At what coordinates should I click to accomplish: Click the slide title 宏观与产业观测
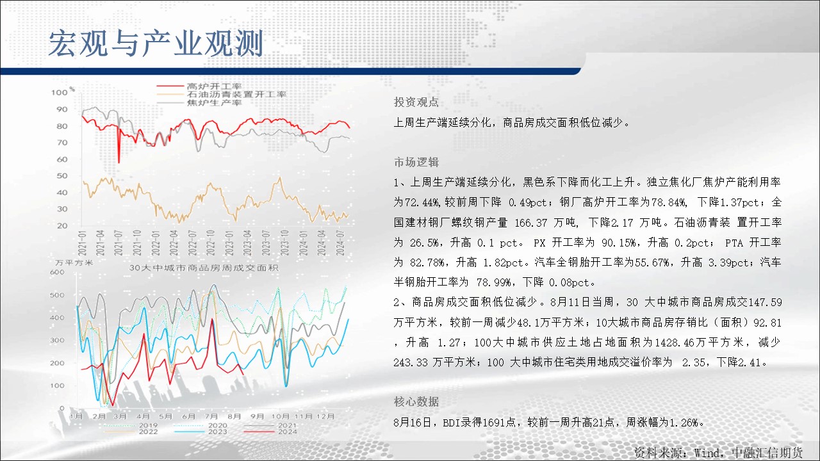pos(156,44)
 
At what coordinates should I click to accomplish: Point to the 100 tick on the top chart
pos(60,93)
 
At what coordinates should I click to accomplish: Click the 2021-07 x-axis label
pos(119,243)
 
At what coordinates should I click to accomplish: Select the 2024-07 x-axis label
pos(340,243)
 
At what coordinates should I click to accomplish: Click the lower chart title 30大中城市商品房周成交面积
pos(204,268)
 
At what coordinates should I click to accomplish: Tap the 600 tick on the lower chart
pos(57,272)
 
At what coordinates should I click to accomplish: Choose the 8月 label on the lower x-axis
pos(234,416)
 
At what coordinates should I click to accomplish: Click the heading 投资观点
pos(416,102)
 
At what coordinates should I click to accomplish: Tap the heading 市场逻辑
pos(416,162)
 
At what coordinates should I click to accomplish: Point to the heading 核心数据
pos(416,401)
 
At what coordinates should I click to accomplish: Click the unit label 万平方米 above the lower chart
pos(74,263)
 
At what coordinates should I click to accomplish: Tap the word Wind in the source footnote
pos(708,453)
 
